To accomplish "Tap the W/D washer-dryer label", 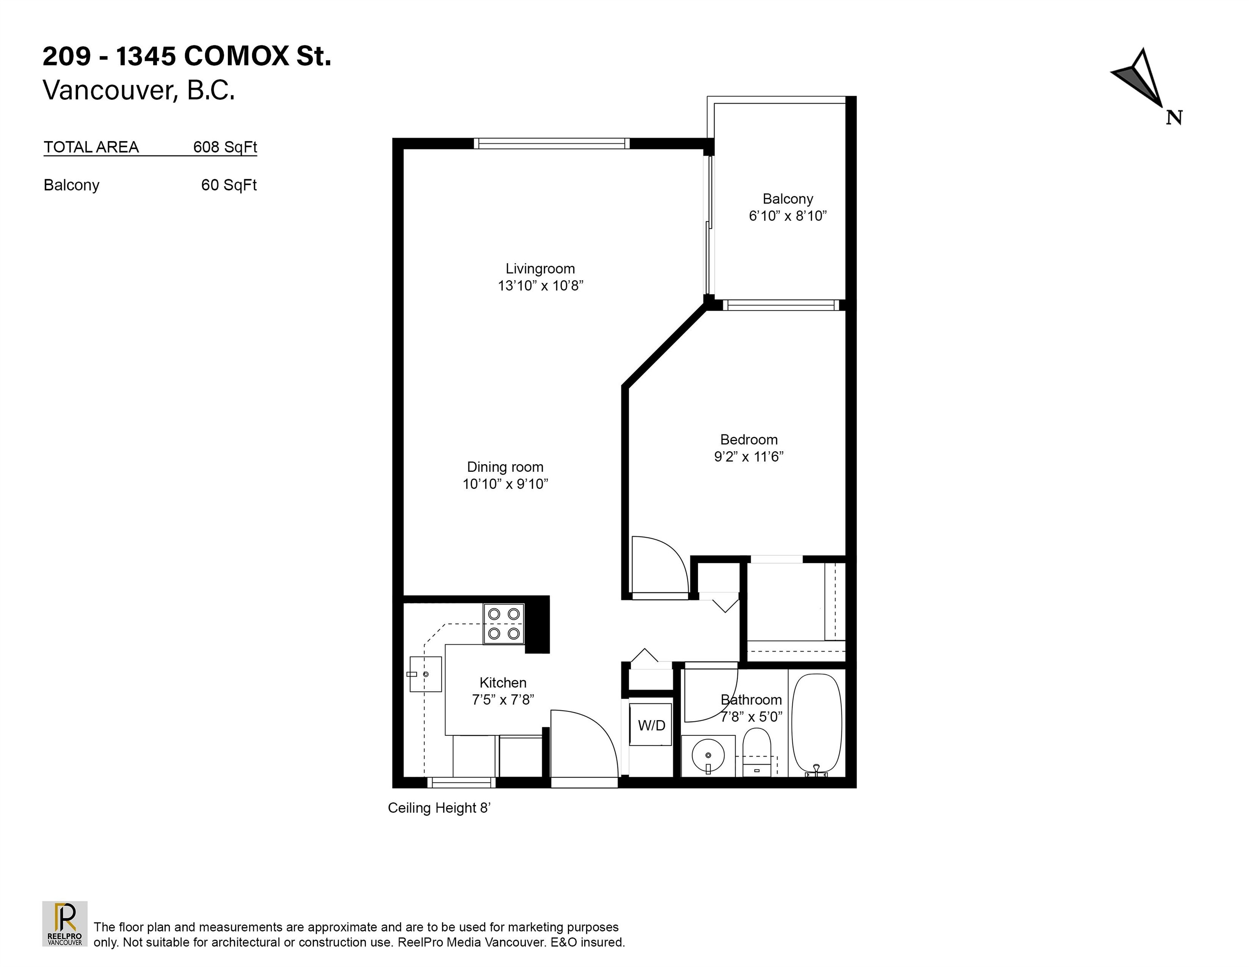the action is (x=651, y=726).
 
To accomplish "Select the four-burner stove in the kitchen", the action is (x=504, y=624).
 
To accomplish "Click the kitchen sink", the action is (x=425, y=674).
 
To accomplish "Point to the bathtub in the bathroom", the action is (x=816, y=725).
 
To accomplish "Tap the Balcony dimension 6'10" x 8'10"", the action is (x=788, y=216).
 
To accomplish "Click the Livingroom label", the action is (x=540, y=269).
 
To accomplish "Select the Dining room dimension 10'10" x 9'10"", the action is (x=505, y=484).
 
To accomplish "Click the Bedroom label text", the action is (x=749, y=439).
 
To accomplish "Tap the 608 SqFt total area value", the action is (x=225, y=147).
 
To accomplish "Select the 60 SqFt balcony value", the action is (x=229, y=185).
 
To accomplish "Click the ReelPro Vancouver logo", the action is (x=65, y=923).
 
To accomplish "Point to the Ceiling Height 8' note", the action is (x=439, y=808).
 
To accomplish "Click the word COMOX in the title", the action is (x=237, y=57).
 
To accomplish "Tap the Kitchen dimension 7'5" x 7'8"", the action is (x=503, y=700).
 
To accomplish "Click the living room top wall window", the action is (x=551, y=143).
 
